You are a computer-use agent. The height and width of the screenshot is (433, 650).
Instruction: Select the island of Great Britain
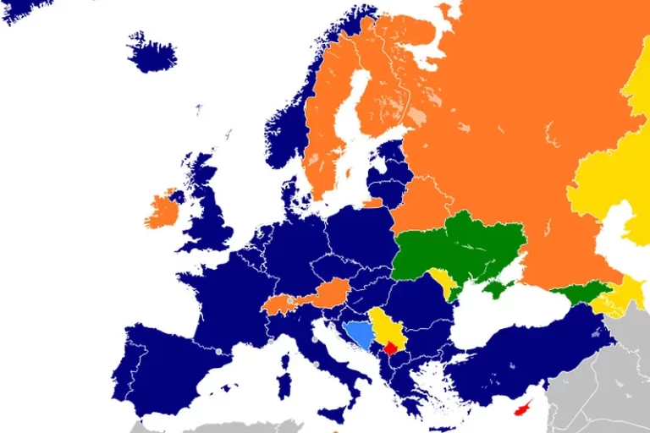tap(208, 211)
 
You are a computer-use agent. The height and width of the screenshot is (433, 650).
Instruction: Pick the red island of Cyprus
tap(527, 408)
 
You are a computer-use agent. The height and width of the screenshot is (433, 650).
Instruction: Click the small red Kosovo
tap(391, 348)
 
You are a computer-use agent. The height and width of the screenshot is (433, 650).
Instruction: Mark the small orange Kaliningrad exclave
tap(373, 203)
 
